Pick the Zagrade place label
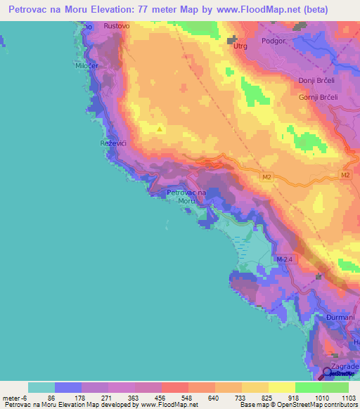(346, 367)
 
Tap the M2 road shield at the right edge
(345, 174)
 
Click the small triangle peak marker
(160, 129)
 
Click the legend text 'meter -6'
(14, 397)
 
